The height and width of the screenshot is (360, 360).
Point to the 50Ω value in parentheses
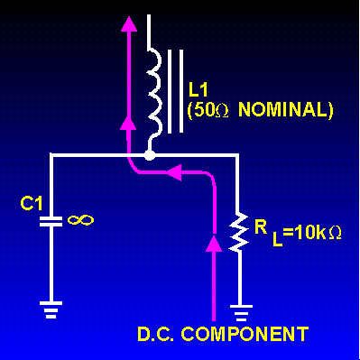(208, 110)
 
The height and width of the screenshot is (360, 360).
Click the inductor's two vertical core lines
(176, 90)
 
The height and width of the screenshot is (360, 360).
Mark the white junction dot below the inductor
(151, 156)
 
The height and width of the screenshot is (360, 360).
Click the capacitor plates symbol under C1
(53, 219)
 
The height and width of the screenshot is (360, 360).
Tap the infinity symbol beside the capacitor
(80, 217)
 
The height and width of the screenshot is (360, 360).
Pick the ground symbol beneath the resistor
(237, 314)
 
